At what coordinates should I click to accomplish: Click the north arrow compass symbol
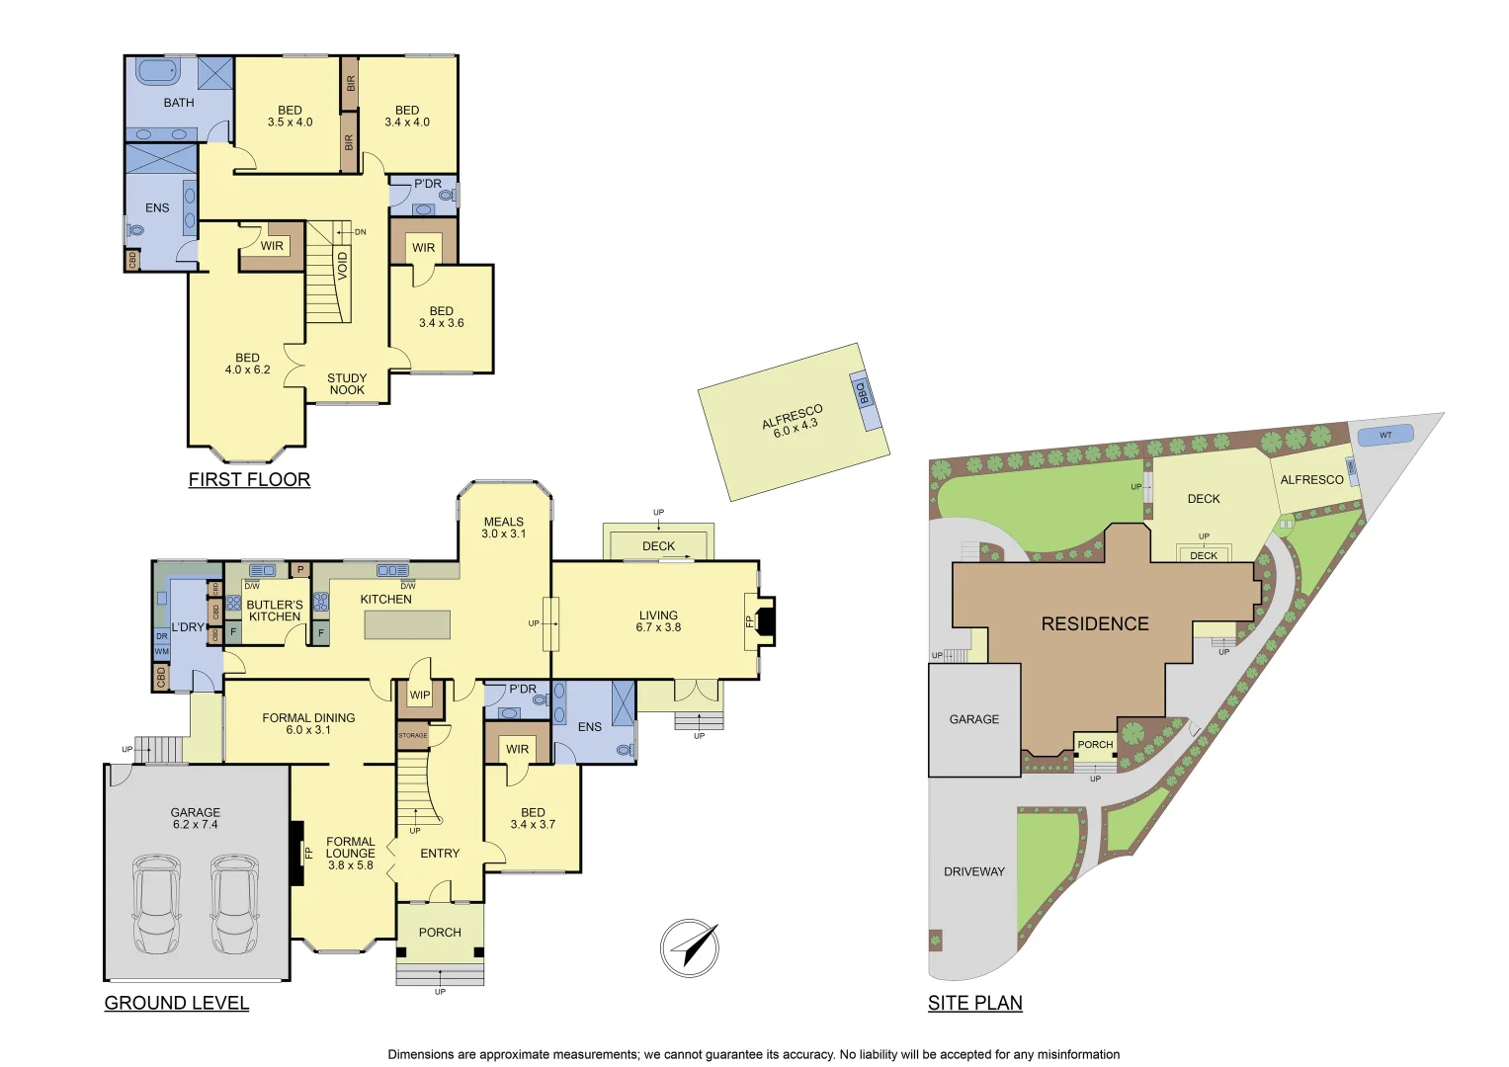pos(690,948)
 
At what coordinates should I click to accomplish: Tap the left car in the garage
pos(157,904)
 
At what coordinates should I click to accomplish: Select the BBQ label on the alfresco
pos(862,392)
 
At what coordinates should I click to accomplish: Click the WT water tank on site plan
pos(1384,435)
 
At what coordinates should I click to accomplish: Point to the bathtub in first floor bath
pos(157,71)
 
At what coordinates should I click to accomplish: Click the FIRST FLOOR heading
pos(249,480)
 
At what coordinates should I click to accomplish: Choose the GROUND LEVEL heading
pos(176,1003)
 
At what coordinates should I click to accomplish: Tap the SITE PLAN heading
pos(974,1003)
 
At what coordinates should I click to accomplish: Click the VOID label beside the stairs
pos(343,266)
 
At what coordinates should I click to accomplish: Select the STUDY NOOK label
pos(347,384)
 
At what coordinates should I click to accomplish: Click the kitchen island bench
pos(407,624)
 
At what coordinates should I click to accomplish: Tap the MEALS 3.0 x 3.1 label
pos(503,528)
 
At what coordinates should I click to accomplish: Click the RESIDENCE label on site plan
pos(1095,624)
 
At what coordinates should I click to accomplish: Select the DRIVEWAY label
pos(973,871)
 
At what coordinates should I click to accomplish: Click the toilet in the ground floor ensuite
pos(625,750)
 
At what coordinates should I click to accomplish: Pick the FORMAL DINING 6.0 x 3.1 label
pos(308,724)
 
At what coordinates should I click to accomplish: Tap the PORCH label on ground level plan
pos(440,932)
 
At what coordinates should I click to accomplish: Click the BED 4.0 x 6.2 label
pos(247,364)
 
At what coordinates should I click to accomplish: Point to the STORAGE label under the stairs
pos(413,735)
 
